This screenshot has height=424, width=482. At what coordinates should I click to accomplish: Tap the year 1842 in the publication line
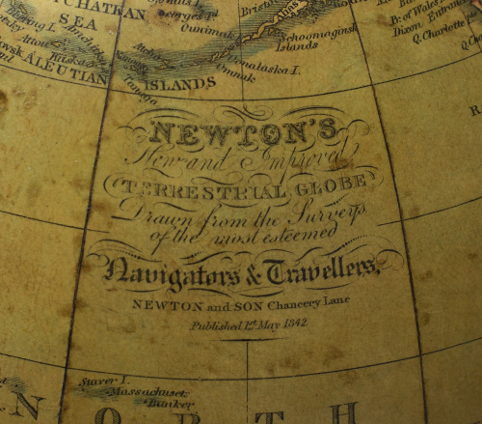290,323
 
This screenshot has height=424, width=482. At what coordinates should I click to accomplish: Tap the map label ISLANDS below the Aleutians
183,85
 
